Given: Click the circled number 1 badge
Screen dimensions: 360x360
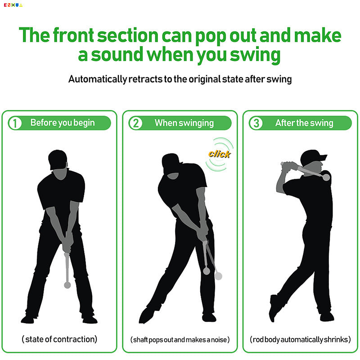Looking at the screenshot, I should click(x=15, y=123).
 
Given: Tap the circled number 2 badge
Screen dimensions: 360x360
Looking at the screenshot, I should click(x=135, y=123).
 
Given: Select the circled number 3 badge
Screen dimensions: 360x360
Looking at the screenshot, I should click(x=256, y=123).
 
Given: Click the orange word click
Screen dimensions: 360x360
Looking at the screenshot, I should click(x=219, y=154).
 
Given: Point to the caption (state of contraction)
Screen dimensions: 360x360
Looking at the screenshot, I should click(x=59, y=339).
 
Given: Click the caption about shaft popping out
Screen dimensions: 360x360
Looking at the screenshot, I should click(x=180, y=339).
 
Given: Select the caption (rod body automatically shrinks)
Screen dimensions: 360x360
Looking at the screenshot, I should click(x=300, y=339).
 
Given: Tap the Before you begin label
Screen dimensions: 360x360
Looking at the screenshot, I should click(x=63, y=123).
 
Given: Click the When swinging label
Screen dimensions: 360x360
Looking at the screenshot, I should click(x=184, y=123).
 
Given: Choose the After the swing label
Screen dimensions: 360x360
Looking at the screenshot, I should click(x=304, y=123).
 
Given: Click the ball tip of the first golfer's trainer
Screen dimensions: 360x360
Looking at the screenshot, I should click(x=67, y=285).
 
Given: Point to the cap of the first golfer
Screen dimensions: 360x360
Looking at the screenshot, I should click(x=58, y=158).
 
